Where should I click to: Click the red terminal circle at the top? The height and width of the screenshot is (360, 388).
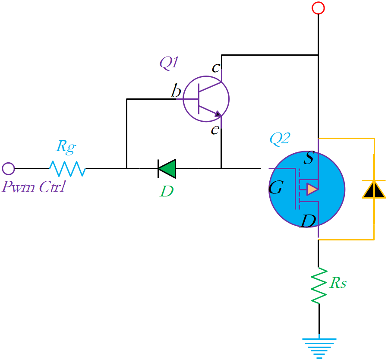tap(318, 8)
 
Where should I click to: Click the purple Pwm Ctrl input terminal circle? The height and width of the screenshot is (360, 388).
tap(8, 168)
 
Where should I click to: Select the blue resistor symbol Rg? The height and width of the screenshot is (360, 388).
tap(67, 168)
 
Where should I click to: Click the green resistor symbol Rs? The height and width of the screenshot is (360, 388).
tap(319, 285)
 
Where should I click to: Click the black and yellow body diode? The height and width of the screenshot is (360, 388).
tap(374, 189)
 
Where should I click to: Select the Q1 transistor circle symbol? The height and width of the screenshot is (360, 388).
tap(206, 99)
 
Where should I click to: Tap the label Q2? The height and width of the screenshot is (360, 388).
tap(280, 139)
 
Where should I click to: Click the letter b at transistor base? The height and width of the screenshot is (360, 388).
tap(176, 92)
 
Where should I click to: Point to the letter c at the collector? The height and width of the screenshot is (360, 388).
tap(215, 68)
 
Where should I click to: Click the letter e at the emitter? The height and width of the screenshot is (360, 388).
tap(215, 129)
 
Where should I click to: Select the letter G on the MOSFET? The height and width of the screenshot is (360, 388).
tap(277, 188)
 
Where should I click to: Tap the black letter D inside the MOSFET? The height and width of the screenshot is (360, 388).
tap(308, 221)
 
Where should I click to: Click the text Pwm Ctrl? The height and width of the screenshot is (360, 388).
tap(33, 187)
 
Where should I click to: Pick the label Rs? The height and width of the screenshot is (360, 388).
tap(338, 283)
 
